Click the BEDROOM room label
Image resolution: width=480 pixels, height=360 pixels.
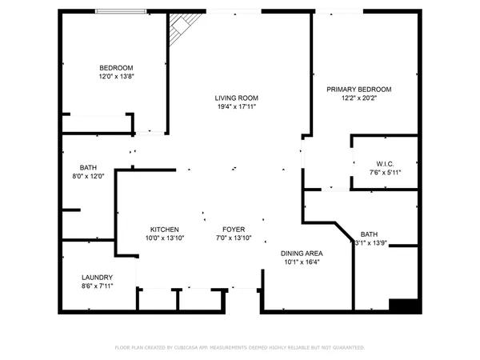pyautogui.click(x=116, y=68)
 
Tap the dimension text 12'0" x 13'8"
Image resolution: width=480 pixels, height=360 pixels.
pyautogui.click(x=116, y=78)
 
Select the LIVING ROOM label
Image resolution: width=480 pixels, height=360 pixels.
pyautogui.click(x=236, y=98)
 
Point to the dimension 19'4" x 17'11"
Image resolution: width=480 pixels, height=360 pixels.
pyautogui.click(x=236, y=108)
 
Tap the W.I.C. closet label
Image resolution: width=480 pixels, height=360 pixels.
pyautogui.click(x=385, y=163)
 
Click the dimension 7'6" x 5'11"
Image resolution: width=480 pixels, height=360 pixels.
pyautogui.click(x=385, y=172)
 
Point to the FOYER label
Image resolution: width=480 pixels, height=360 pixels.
pyautogui.click(x=234, y=230)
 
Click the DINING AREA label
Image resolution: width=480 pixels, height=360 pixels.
pyautogui.click(x=302, y=253)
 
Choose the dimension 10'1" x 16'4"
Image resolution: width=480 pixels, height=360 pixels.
pyautogui.click(x=302, y=262)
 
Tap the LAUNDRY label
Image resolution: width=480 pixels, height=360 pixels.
pyautogui.click(x=97, y=277)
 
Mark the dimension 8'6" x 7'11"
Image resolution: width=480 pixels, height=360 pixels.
pyautogui.click(x=97, y=286)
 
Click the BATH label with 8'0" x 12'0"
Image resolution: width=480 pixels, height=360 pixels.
pyautogui.click(x=88, y=167)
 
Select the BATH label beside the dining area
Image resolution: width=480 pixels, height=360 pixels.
pyautogui.click(x=369, y=234)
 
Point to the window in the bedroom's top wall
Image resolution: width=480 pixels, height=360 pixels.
pyautogui.click(x=121, y=11)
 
